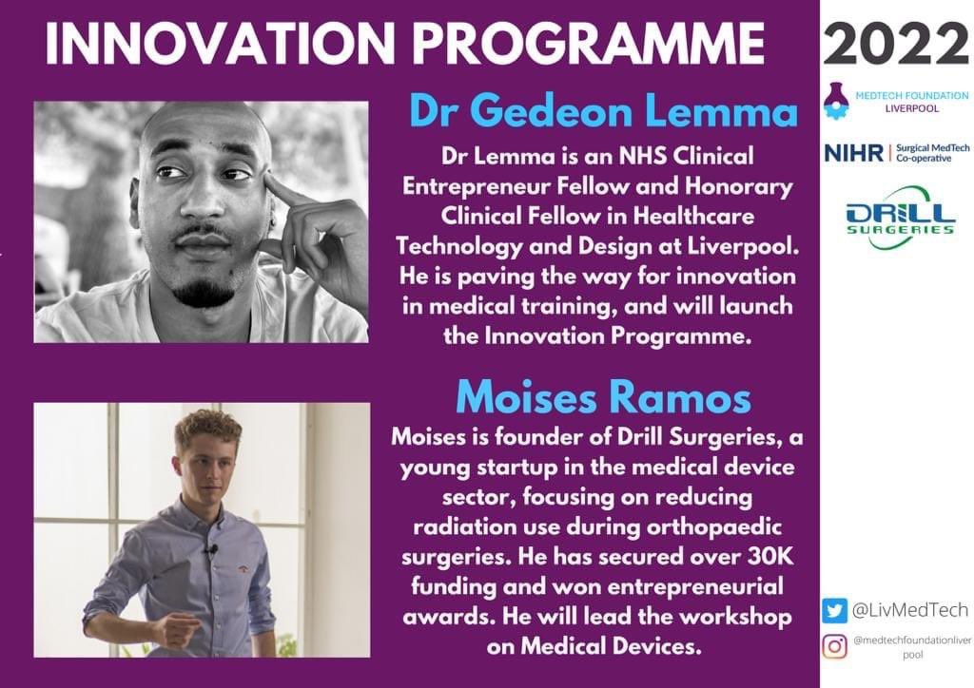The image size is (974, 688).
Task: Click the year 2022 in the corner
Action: [x=897, y=43]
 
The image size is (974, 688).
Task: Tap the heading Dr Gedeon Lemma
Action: [x=603, y=112]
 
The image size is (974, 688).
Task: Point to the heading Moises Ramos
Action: [x=603, y=398]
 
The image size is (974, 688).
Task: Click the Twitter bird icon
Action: [x=835, y=609]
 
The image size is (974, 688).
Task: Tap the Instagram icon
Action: [x=835, y=646]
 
